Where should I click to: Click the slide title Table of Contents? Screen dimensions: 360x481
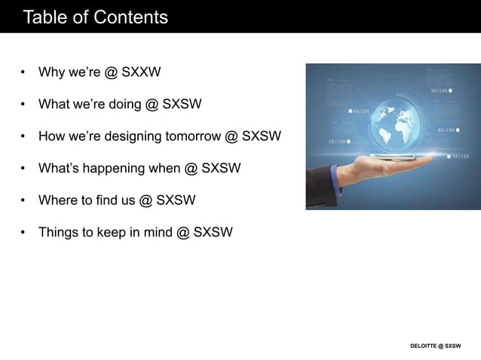[x=96, y=17]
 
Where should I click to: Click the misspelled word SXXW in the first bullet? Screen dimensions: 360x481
[x=142, y=72]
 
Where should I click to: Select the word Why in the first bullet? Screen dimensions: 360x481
[x=52, y=72]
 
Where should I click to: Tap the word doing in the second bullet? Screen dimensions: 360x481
[x=124, y=104]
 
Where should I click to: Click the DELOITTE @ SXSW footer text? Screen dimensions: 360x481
[x=435, y=346]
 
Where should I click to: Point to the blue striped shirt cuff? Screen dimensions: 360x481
[x=335, y=181]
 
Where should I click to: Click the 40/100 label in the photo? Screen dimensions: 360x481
[x=360, y=111]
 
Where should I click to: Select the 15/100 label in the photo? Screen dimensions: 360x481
[x=338, y=141]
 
